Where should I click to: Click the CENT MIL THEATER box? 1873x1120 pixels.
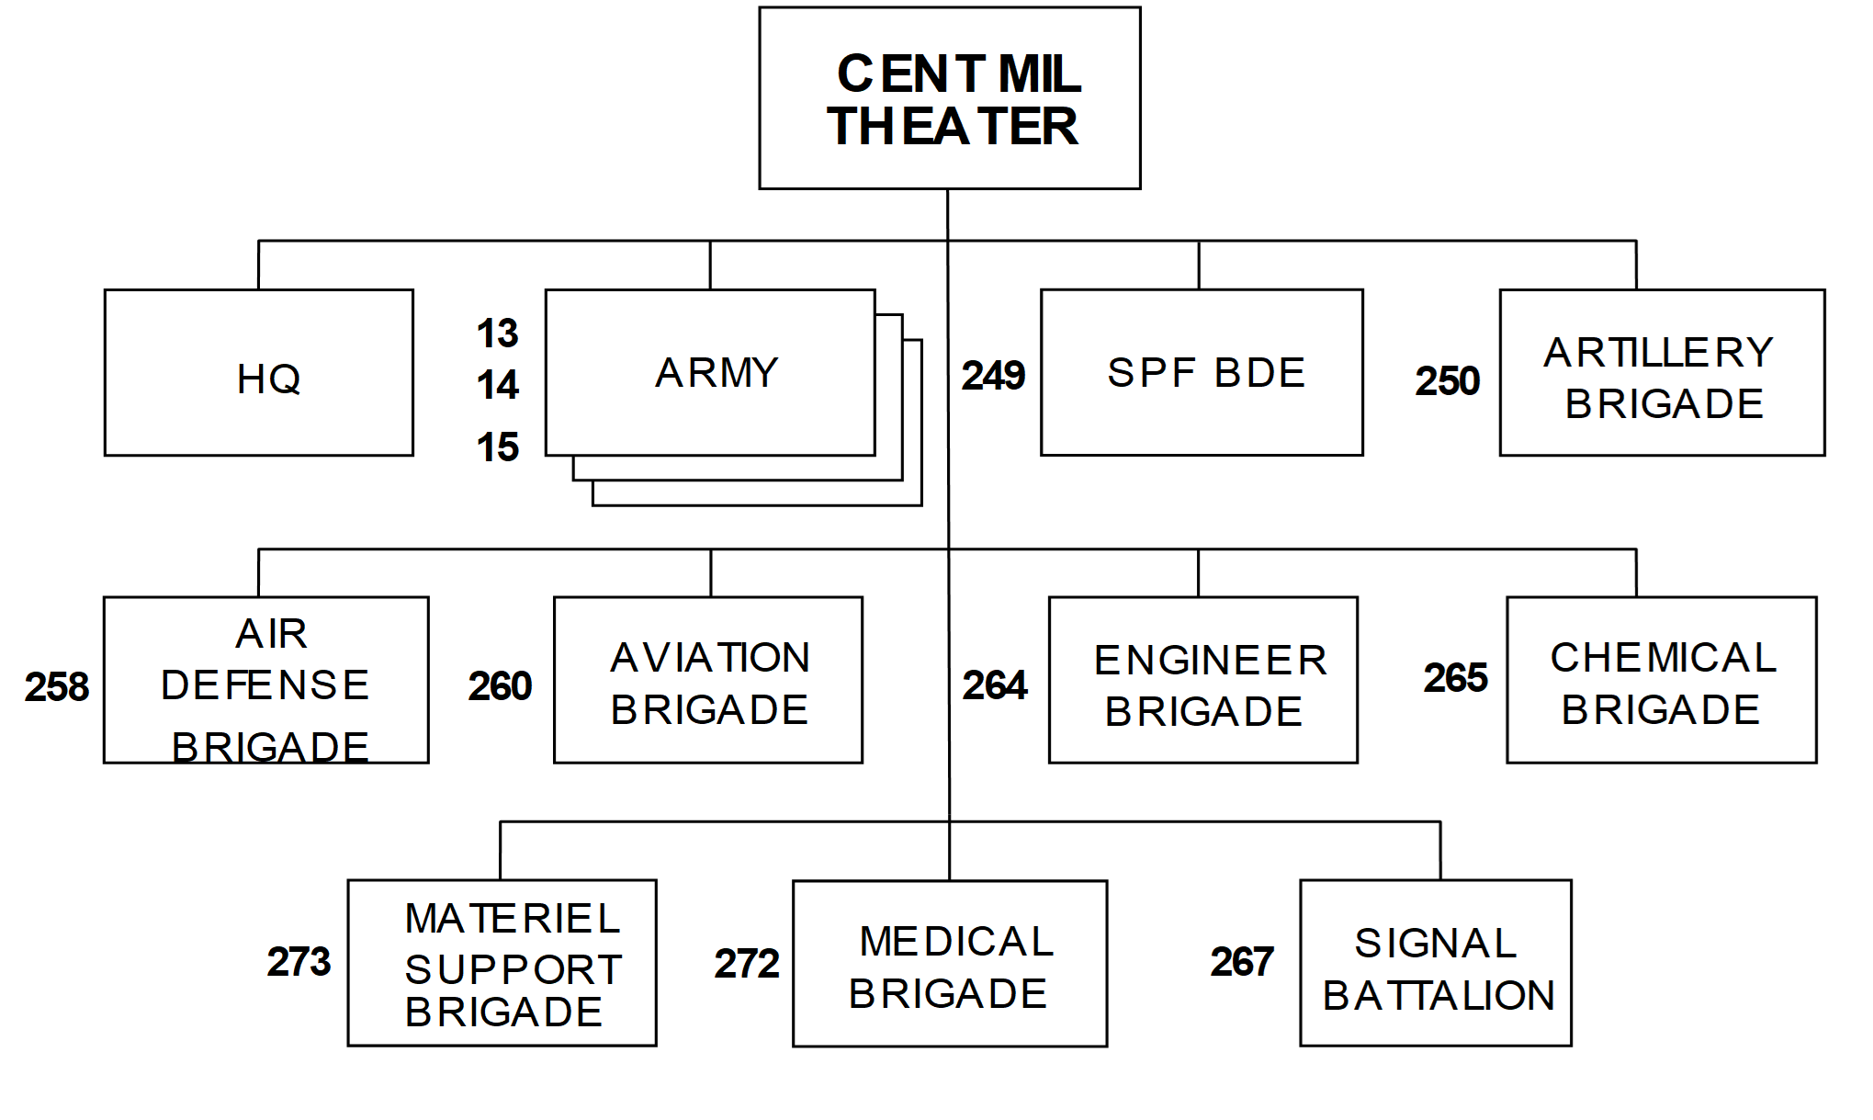(x=950, y=98)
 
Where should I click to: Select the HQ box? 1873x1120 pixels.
(x=259, y=373)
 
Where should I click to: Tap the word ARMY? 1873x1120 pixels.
(x=716, y=373)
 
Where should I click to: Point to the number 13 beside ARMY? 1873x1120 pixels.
(x=497, y=334)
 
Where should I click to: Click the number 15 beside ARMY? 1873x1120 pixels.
(x=497, y=448)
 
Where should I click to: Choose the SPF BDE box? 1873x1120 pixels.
(x=1202, y=373)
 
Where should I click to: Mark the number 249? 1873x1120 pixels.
(x=993, y=376)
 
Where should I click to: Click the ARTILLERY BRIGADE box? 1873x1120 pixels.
(x=1662, y=373)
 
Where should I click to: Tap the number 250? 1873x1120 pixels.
(x=1447, y=381)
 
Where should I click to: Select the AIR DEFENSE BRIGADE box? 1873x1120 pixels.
(x=266, y=680)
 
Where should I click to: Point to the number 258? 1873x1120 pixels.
(x=57, y=687)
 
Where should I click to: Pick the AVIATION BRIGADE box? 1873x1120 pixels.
(x=708, y=680)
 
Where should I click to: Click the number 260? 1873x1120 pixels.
(x=500, y=686)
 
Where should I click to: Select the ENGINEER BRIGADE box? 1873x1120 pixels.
(x=1203, y=680)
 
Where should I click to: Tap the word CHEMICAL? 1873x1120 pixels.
(x=1664, y=658)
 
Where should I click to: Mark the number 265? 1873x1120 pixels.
(x=1455, y=678)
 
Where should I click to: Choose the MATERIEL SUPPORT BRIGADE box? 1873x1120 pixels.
(x=502, y=963)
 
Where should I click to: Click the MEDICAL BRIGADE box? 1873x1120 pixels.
(x=950, y=964)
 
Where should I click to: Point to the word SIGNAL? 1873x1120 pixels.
(x=1436, y=944)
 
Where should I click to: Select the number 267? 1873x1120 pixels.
(x=1242, y=962)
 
